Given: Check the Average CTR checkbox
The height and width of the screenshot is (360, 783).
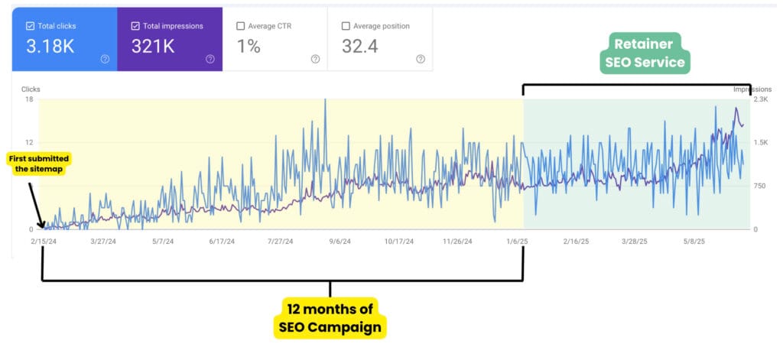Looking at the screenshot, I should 240,26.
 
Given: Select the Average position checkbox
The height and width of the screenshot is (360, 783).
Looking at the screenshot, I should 346,26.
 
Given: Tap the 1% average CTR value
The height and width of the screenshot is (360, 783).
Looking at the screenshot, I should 249,46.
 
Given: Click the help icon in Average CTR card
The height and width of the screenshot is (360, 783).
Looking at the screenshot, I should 315,59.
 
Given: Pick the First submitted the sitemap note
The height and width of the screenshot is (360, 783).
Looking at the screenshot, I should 38,164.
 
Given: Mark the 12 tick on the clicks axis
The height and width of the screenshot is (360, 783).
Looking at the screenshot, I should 29,142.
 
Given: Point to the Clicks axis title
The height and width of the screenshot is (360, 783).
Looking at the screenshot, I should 31,89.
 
